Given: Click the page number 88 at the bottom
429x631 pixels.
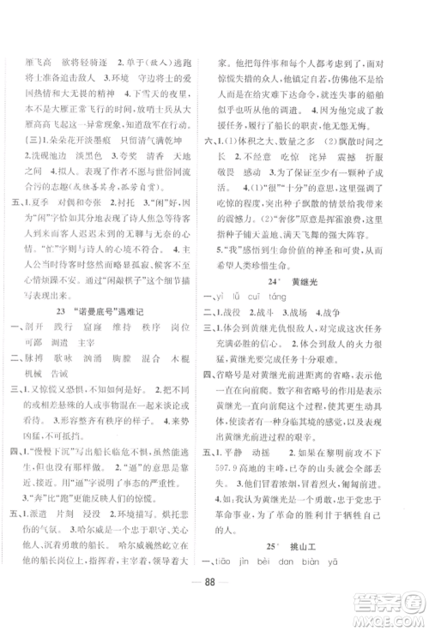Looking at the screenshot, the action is [x=214, y=598].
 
